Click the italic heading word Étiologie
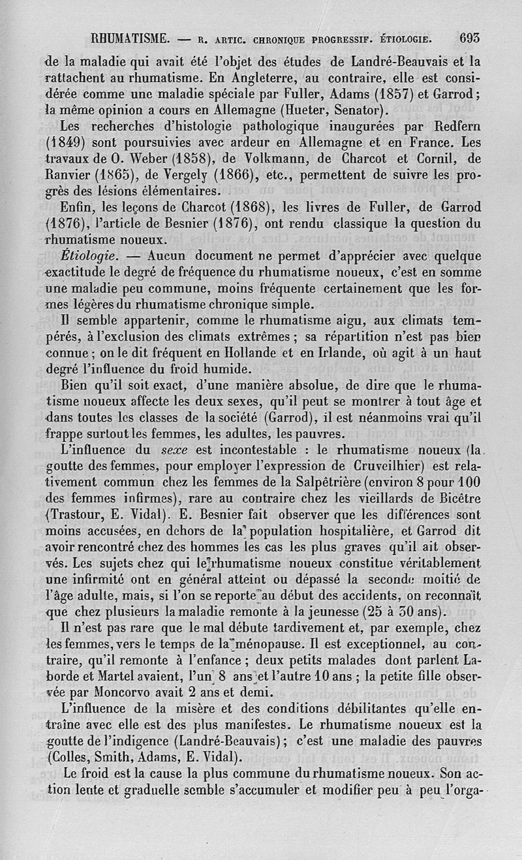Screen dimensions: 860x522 (99, 256)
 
